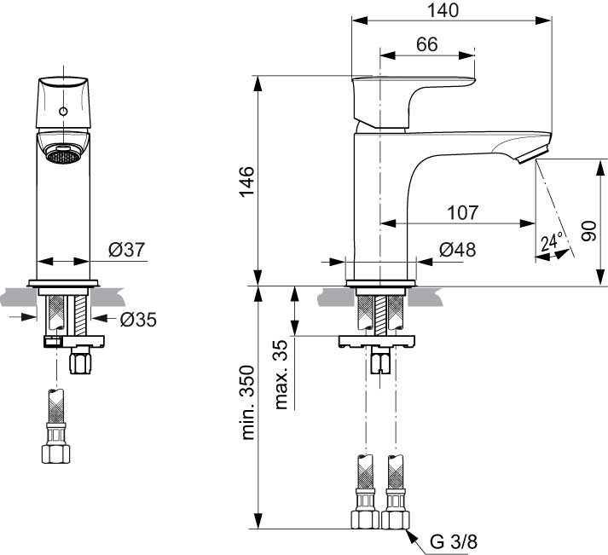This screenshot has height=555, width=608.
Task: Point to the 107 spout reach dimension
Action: [x=461, y=211]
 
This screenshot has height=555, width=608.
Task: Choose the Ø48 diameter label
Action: [x=457, y=250]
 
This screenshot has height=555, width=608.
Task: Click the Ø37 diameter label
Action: [x=127, y=250]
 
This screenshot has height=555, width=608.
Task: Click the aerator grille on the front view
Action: [x=63, y=156]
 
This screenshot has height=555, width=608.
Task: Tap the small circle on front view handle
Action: [x=64, y=113]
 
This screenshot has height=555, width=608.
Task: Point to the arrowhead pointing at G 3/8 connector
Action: [x=412, y=535]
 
